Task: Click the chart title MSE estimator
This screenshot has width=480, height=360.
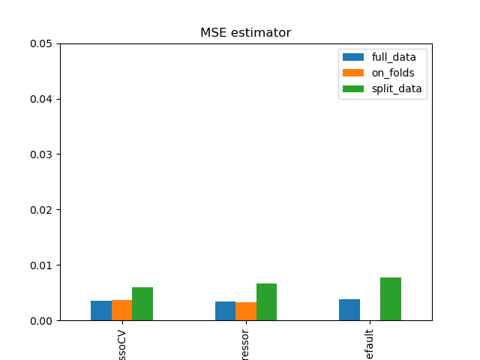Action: click(245, 33)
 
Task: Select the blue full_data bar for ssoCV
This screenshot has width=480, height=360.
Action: click(101, 310)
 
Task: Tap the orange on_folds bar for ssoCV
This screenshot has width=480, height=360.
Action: click(121, 310)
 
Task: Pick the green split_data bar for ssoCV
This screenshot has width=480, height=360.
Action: click(142, 304)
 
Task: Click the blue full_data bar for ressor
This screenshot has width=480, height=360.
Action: click(225, 311)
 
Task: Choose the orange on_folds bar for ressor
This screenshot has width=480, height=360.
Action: click(246, 311)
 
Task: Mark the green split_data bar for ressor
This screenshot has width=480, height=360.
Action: click(266, 302)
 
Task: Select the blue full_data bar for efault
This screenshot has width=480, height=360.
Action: click(349, 310)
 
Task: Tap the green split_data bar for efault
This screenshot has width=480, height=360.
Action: click(391, 299)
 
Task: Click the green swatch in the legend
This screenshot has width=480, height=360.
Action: click(352, 88)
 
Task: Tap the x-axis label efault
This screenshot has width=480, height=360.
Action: click(370, 343)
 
